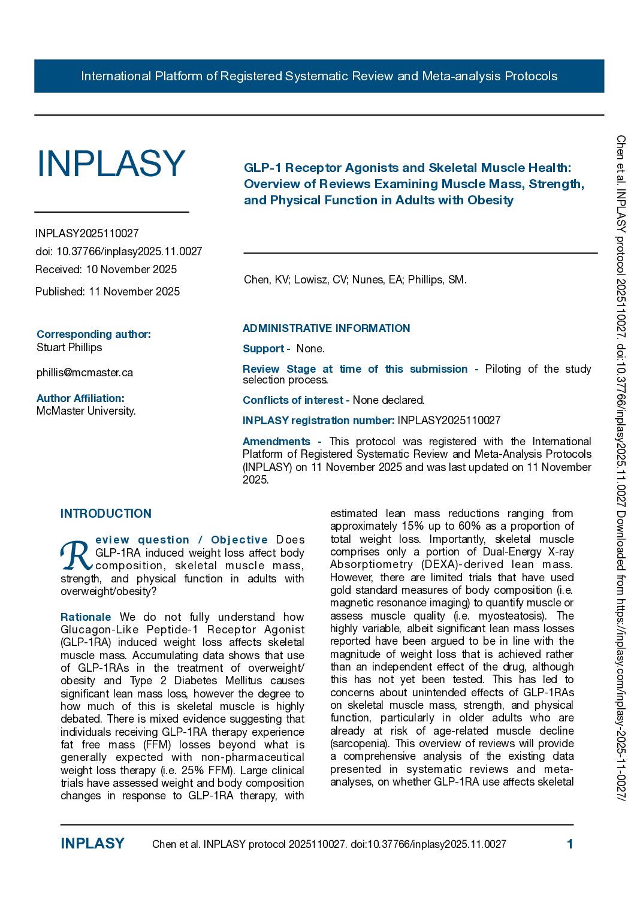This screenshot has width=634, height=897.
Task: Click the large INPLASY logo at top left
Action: [x=111, y=164]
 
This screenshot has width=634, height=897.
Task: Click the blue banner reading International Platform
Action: [x=319, y=76]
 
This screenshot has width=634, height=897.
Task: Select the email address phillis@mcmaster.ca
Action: [x=84, y=373]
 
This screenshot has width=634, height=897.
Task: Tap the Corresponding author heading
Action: [x=93, y=334]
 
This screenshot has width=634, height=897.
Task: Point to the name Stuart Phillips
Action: [x=69, y=348]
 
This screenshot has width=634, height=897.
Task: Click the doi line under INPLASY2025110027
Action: [x=119, y=251]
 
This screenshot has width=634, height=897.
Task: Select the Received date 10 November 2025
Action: [x=131, y=269]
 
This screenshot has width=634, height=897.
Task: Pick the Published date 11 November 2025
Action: [x=134, y=292]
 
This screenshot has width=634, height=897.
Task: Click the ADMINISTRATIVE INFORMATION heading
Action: [x=326, y=328]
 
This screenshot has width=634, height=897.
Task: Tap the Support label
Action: [x=264, y=349]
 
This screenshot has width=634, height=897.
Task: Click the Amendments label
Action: [x=276, y=442]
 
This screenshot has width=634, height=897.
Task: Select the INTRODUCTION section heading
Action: [x=106, y=514]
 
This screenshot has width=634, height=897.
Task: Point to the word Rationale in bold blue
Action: [x=86, y=617]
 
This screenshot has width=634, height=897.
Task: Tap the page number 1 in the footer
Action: [x=570, y=844]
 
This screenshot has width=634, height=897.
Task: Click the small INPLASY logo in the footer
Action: [x=92, y=844]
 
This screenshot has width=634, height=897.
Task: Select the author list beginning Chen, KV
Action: [x=355, y=280]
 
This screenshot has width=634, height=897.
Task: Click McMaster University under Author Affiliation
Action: [x=86, y=411]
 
